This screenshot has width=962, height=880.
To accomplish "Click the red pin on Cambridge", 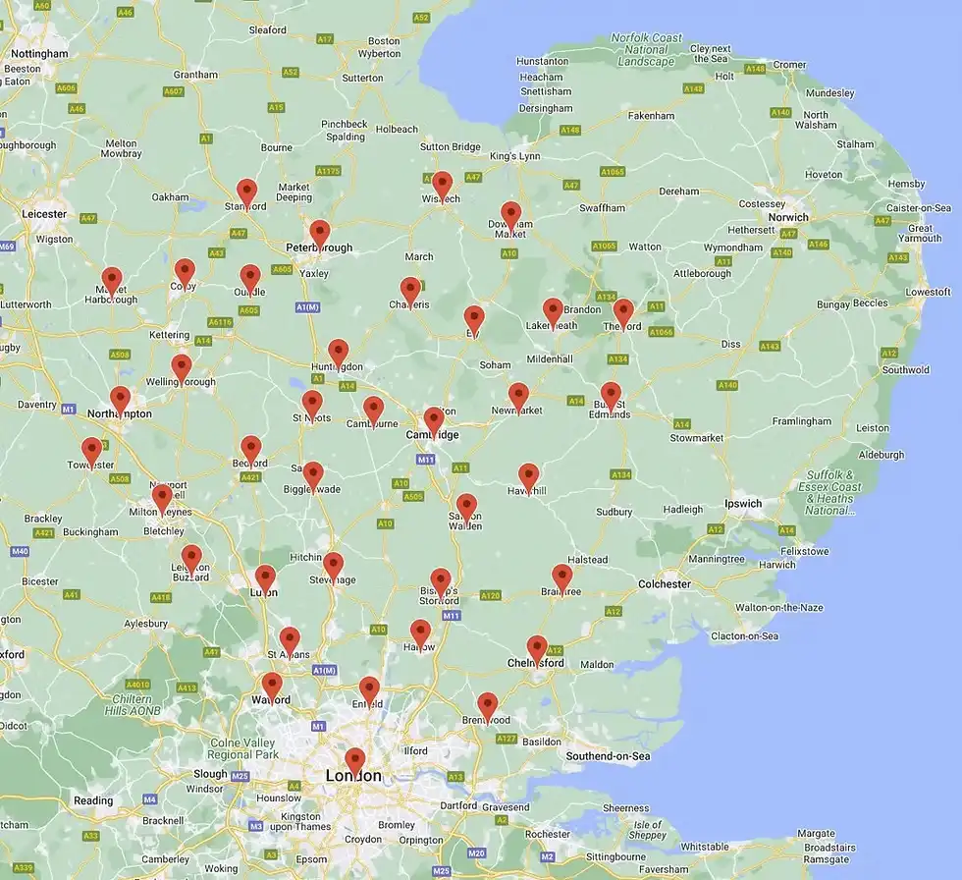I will pyautogui.click(x=434, y=419).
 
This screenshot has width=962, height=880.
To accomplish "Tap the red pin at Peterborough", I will pyautogui.click(x=319, y=233).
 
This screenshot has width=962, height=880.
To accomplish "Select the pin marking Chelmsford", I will pyautogui.click(x=537, y=647).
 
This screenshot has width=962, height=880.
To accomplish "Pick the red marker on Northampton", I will pyautogui.click(x=120, y=398).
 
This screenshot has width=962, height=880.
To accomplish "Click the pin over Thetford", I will pyautogui.click(x=622, y=311).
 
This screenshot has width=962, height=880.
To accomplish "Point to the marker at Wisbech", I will pyautogui.click(x=443, y=184).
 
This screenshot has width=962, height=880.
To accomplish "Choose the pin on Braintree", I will pyautogui.click(x=561, y=577).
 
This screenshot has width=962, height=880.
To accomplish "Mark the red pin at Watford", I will pyautogui.click(x=272, y=685).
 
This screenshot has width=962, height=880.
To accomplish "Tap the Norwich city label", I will pyautogui.click(x=788, y=217).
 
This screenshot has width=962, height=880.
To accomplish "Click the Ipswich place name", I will pyautogui.click(x=743, y=504).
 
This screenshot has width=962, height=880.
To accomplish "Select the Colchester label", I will pyautogui.click(x=665, y=583).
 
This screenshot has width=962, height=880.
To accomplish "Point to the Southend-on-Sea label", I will pyautogui.click(x=609, y=756).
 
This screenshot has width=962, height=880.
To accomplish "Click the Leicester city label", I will pyautogui.click(x=44, y=213).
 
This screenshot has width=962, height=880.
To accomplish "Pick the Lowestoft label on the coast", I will pyautogui.click(x=928, y=292).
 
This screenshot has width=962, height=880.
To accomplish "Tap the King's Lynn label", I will pyautogui.click(x=515, y=156).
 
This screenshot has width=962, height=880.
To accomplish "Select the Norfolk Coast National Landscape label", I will pyautogui.click(x=645, y=49).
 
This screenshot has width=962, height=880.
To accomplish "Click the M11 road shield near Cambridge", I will pyautogui.click(x=425, y=459).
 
